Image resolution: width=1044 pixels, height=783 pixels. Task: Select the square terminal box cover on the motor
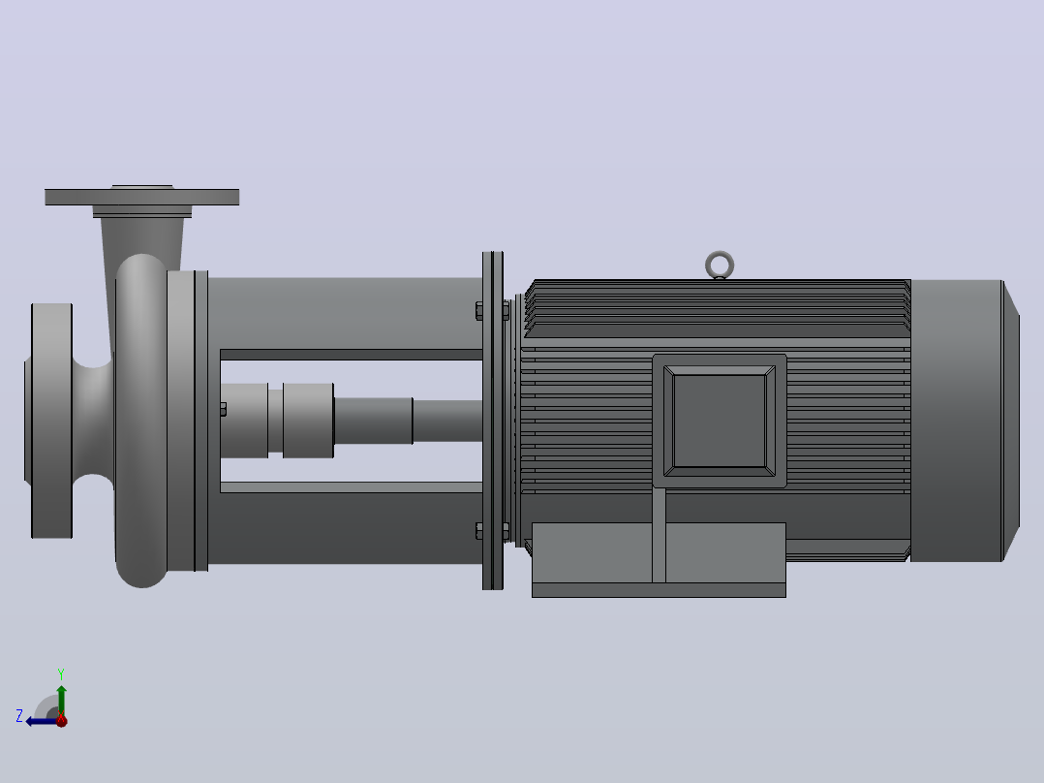[720, 422]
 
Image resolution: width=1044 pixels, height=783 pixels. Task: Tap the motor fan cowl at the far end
[965, 421]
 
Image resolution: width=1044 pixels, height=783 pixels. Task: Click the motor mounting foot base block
[659, 560]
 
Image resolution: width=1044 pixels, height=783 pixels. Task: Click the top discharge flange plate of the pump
[141, 197]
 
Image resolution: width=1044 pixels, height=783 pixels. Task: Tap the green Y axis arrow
[61, 700]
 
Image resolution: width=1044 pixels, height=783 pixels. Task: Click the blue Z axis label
[19, 716]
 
